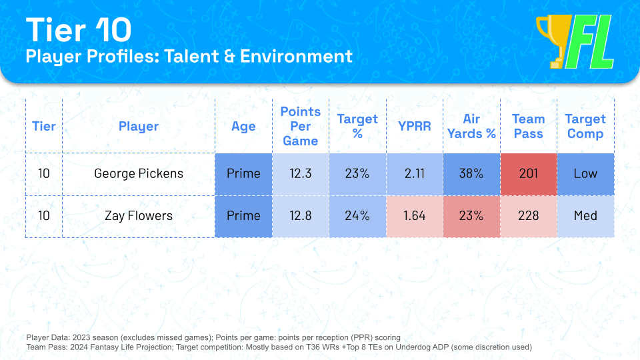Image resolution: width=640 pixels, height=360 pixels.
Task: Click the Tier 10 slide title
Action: (x=79, y=30)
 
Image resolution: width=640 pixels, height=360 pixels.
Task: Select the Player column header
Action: (x=139, y=126)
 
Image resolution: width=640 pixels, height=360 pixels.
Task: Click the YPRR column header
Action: (x=415, y=126)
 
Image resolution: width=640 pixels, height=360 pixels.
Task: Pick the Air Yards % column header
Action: (x=471, y=126)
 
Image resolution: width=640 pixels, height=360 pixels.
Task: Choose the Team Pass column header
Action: (x=528, y=126)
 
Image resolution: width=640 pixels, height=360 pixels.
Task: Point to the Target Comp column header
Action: (x=585, y=126)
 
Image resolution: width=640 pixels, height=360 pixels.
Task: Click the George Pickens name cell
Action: (x=139, y=174)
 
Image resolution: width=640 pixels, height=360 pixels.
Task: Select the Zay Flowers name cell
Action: (x=139, y=216)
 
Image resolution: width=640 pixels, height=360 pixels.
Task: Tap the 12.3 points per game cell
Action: (x=300, y=174)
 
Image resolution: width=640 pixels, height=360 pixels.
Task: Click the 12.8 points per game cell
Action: (x=300, y=216)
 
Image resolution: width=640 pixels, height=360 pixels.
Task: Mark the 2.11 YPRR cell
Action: (x=415, y=174)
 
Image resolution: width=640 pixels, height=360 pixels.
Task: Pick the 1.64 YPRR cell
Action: (x=415, y=216)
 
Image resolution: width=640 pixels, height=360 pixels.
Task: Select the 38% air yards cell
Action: (x=471, y=174)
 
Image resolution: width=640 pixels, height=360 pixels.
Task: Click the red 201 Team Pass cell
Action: (x=528, y=174)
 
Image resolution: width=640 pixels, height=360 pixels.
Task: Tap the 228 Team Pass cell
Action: (x=528, y=216)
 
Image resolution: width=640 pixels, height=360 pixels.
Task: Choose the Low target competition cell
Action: (x=585, y=174)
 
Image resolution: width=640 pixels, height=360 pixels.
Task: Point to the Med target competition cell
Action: (x=585, y=216)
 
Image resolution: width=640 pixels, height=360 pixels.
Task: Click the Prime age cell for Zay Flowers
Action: (x=243, y=216)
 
